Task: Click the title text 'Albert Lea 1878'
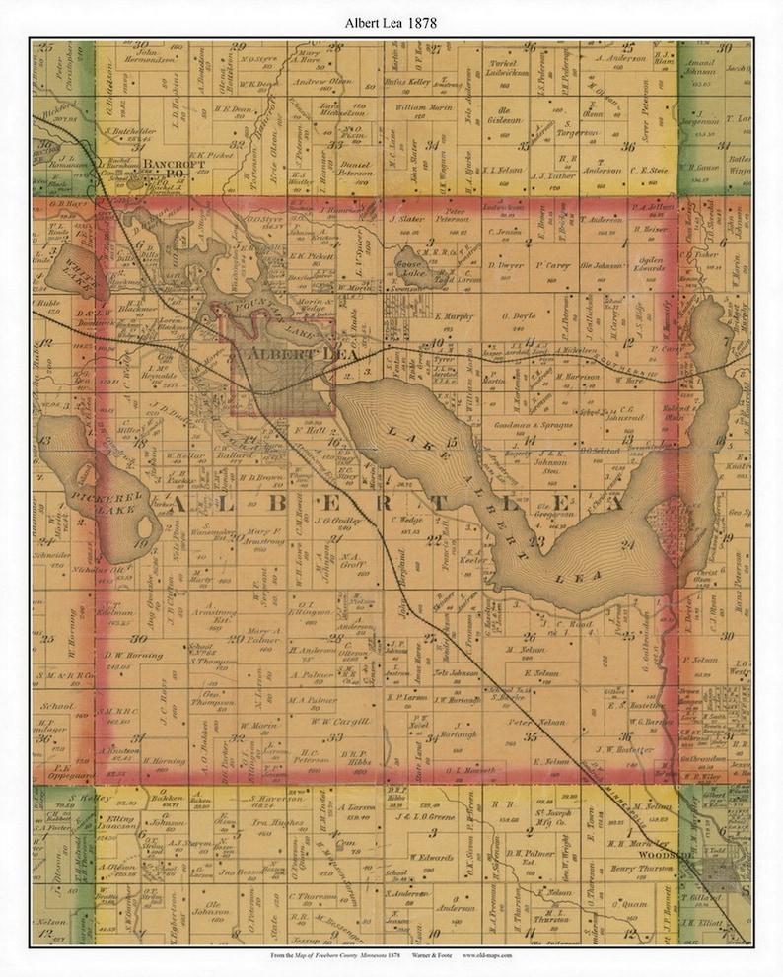coord(391,21)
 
